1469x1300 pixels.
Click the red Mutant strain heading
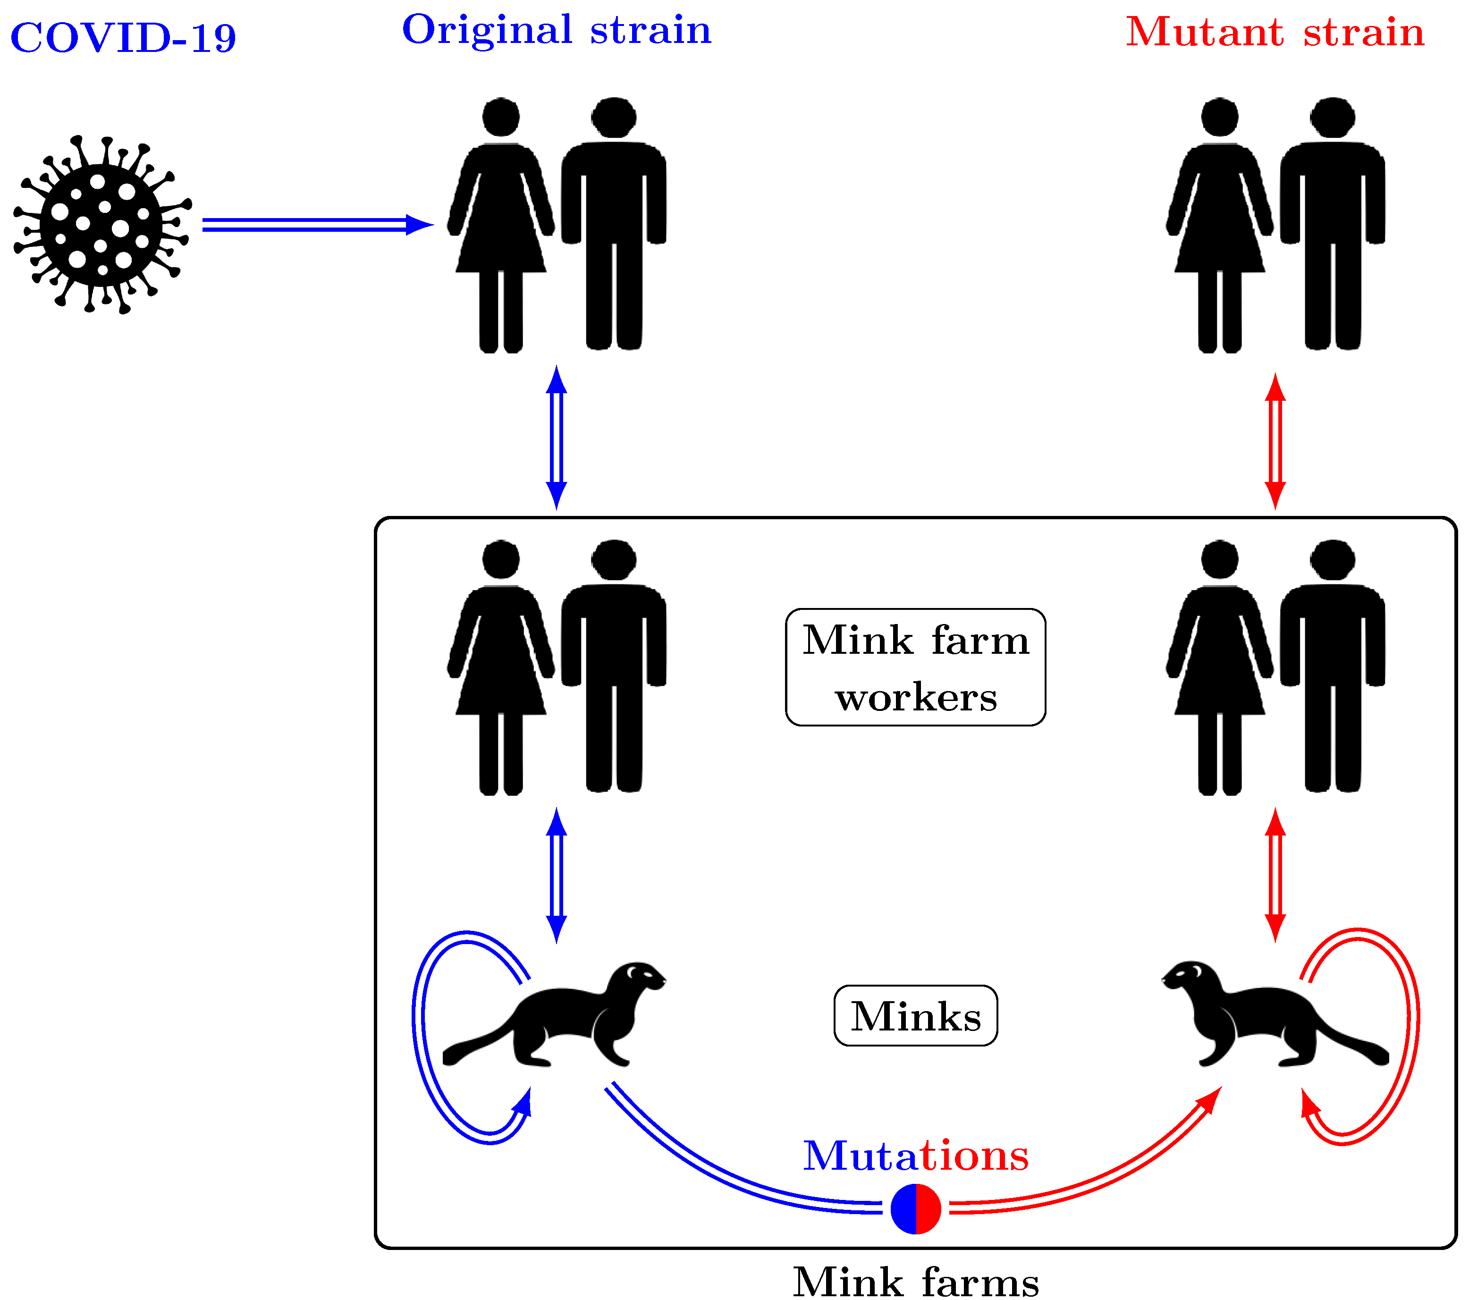[x=1274, y=33]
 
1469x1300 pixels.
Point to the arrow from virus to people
[x=316, y=225]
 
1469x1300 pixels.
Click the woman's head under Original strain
[x=501, y=117]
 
